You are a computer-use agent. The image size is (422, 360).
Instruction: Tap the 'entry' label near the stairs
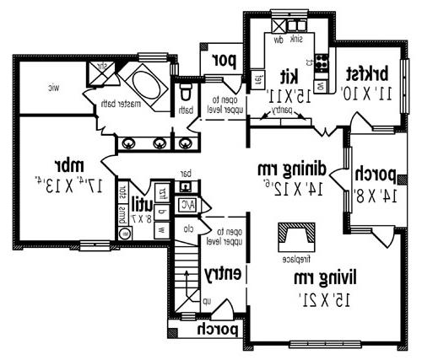(x=225, y=274)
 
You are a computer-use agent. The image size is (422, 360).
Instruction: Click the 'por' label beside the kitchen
(x=223, y=60)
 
